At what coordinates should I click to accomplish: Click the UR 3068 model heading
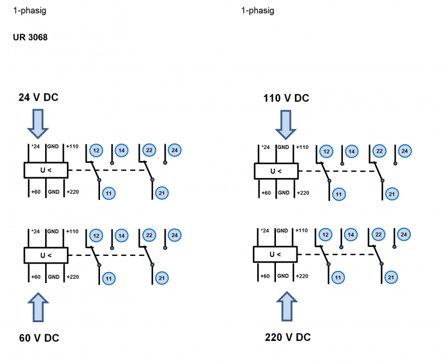point(30,37)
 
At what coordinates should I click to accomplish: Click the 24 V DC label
point(39,97)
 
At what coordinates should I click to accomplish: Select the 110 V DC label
point(286,98)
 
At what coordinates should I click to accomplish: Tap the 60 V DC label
point(39,337)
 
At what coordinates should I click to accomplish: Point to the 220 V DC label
point(288,337)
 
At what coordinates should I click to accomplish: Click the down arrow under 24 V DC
point(37,124)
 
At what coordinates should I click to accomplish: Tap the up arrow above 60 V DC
point(37,306)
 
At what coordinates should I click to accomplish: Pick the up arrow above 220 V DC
point(287,306)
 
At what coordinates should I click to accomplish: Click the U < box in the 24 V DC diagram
point(46,170)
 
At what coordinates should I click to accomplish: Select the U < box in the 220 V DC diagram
point(276,256)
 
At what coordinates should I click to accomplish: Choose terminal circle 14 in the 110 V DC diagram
point(351,151)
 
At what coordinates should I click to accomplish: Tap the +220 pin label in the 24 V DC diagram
point(72,192)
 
